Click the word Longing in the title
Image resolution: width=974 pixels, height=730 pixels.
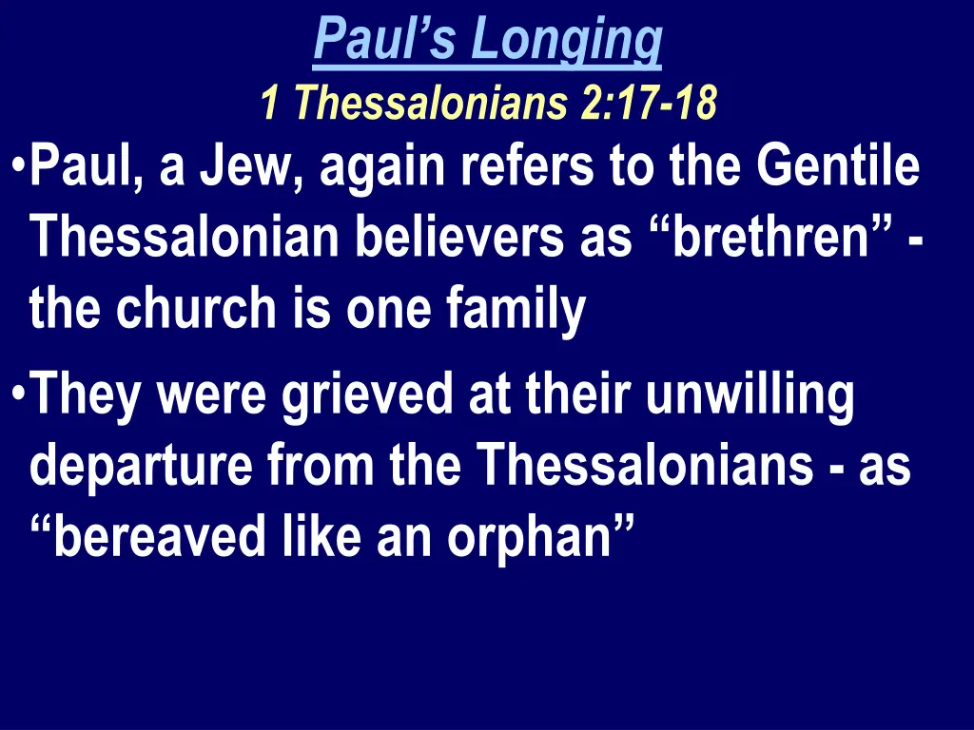(x=568, y=40)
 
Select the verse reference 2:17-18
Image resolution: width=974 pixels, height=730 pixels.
(x=647, y=104)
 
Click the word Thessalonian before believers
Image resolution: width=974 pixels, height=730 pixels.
(x=186, y=239)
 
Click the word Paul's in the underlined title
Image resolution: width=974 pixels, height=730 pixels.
(x=387, y=40)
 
